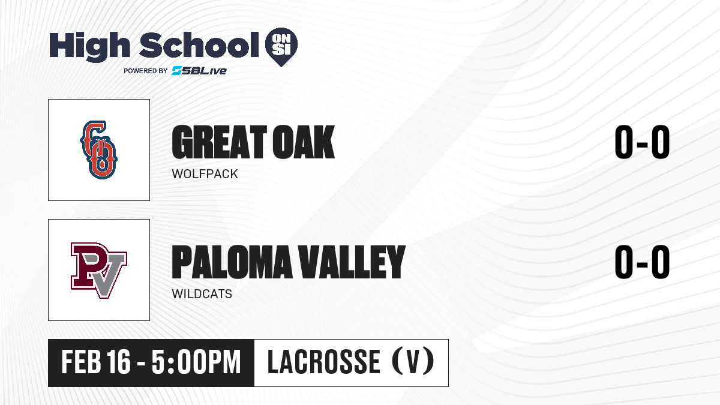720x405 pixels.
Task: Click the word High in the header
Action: tap(89, 47)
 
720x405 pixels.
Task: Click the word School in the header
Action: tap(199, 44)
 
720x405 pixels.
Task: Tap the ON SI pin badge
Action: tap(281, 47)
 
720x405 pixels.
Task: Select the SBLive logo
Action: tap(199, 71)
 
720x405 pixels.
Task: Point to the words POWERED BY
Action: tap(146, 71)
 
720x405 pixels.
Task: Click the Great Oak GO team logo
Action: tap(98, 150)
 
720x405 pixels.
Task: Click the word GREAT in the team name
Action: tap(219, 142)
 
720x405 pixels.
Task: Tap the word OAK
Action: tap(304, 142)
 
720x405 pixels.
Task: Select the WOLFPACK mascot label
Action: tap(205, 174)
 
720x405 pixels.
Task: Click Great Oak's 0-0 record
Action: tap(642, 142)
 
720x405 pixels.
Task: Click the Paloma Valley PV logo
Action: tap(99, 271)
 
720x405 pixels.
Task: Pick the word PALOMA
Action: tap(232, 262)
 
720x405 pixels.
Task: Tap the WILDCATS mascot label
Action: tap(202, 294)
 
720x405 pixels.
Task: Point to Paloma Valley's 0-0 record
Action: tap(642, 262)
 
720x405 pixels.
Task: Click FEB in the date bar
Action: tap(82, 362)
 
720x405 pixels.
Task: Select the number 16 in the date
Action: tap(119, 362)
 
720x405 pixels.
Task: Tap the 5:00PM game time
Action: tap(196, 362)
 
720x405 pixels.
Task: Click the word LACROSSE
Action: tap(323, 362)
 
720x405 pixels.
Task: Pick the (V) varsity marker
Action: tap(413, 361)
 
